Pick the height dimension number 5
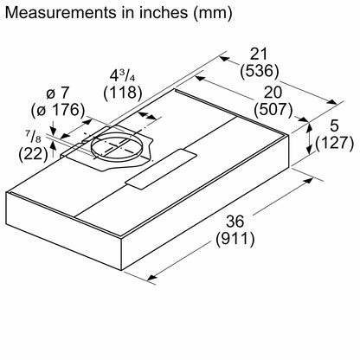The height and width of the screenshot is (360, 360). pyautogui.click(x=337, y=126)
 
